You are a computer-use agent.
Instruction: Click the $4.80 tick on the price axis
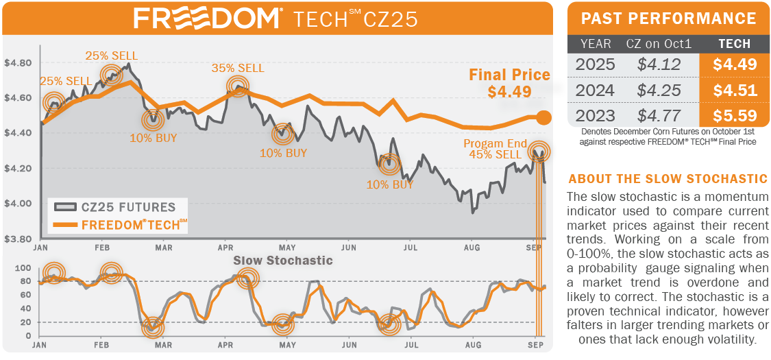pyautogui.click(x=18, y=63)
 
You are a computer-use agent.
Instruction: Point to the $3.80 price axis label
pyautogui.click(x=18, y=239)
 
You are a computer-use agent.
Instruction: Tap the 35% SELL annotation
pyautogui.click(x=238, y=68)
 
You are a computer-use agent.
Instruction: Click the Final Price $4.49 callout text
pyautogui.click(x=509, y=82)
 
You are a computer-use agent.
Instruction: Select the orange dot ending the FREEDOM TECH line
pyautogui.click(x=543, y=117)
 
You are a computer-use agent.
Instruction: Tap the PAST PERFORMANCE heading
pyautogui.click(x=668, y=19)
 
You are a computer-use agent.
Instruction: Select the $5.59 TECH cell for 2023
pyautogui.click(x=733, y=115)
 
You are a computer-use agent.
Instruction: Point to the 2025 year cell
pyautogui.click(x=595, y=65)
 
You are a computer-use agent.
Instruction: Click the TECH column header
pyautogui.click(x=734, y=44)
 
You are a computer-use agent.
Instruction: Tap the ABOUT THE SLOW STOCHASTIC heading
pyautogui.click(x=668, y=179)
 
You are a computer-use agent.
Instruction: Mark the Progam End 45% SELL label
pyautogui.click(x=495, y=149)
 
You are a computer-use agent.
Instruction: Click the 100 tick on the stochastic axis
pyautogui.click(x=23, y=267)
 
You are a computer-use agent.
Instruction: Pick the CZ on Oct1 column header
pyautogui.click(x=659, y=44)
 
